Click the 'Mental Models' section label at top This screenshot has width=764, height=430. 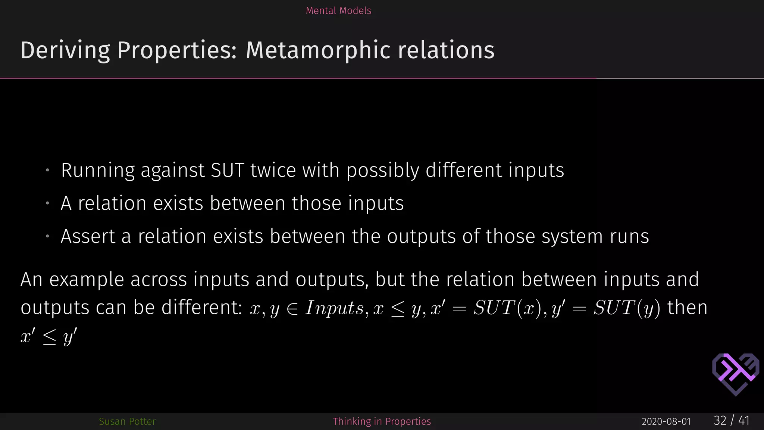(x=338, y=10)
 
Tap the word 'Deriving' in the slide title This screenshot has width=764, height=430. (x=65, y=50)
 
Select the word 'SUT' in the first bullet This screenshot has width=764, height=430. (x=227, y=170)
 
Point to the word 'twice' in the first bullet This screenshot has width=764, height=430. (x=273, y=170)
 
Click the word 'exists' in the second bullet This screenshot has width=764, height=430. (x=178, y=203)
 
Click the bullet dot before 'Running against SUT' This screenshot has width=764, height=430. (x=48, y=171)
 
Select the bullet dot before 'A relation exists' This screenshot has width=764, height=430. (x=48, y=204)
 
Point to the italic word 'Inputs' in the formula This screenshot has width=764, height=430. (x=334, y=308)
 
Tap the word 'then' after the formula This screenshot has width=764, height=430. (x=687, y=308)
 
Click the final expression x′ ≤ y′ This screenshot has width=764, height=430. (x=49, y=336)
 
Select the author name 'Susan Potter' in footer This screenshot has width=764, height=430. (x=127, y=421)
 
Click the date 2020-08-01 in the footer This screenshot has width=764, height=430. (x=666, y=422)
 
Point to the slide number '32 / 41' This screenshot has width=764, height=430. (x=732, y=421)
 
